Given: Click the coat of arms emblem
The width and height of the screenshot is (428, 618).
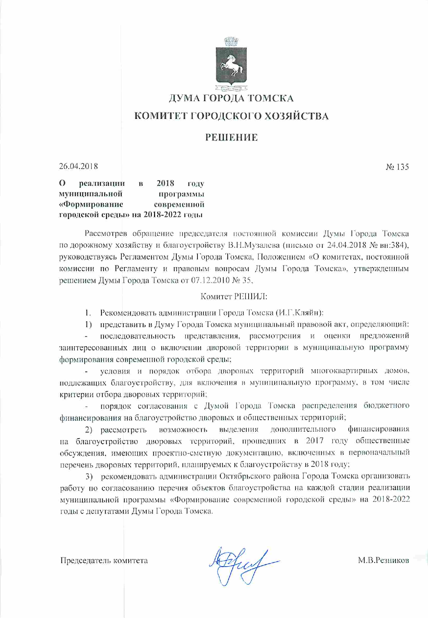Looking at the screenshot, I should [231, 65].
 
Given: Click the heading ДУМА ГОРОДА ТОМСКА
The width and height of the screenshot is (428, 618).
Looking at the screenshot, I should [231, 98].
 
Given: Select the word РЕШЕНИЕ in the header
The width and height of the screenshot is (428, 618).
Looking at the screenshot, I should [231, 138].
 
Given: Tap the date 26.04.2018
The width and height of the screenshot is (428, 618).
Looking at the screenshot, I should [78, 166].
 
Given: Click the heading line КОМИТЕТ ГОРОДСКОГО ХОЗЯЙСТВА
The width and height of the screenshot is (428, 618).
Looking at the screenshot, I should [231, 116].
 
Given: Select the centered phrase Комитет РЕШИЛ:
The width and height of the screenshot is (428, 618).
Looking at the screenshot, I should [234, 296].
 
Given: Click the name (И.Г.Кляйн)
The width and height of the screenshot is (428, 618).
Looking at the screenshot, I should [300, 312].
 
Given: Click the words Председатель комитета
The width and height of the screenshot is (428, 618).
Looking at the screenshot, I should [104, 561].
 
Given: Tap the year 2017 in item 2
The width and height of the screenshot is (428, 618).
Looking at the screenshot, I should [315, 441].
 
